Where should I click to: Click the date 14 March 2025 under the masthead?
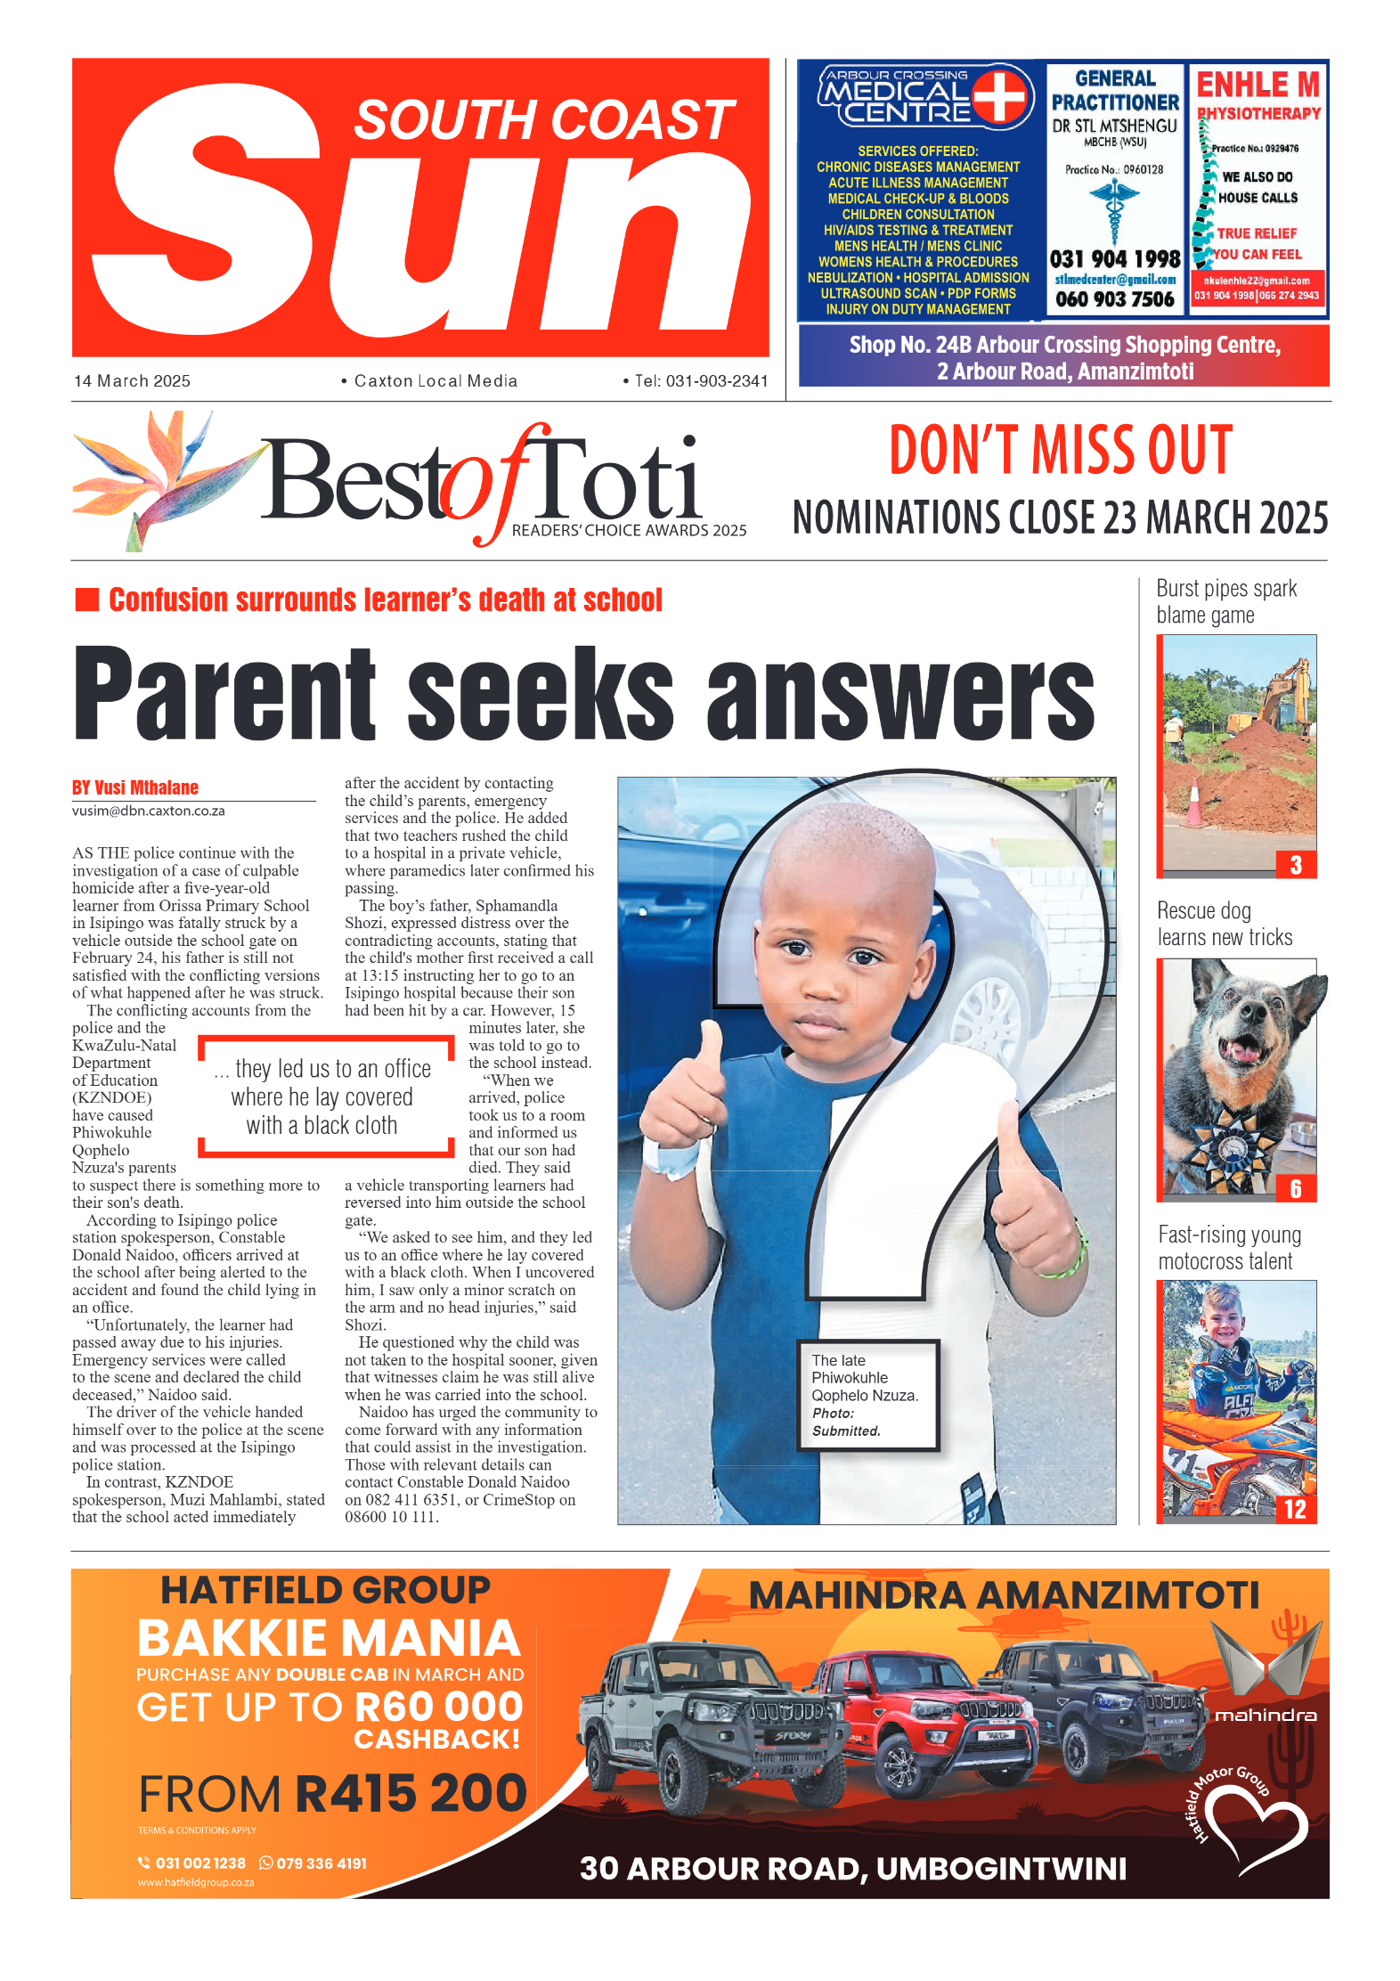pos(132,381)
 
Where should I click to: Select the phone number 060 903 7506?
pos(1114,299)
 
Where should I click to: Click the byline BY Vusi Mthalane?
pos(135,787)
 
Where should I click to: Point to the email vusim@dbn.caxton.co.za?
pos(148,811)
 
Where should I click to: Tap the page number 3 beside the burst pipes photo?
pos(1296,865)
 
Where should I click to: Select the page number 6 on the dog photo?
pos(1296,1188)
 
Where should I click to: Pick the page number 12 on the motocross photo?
pos(1295,1509)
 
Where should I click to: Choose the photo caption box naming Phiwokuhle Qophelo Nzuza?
pos(867,1395)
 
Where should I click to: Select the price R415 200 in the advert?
pos(411,1793)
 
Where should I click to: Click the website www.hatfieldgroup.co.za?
pos(196,1883)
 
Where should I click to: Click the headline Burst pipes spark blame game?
pos(1225,602)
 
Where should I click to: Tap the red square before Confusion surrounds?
pos(87,599)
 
